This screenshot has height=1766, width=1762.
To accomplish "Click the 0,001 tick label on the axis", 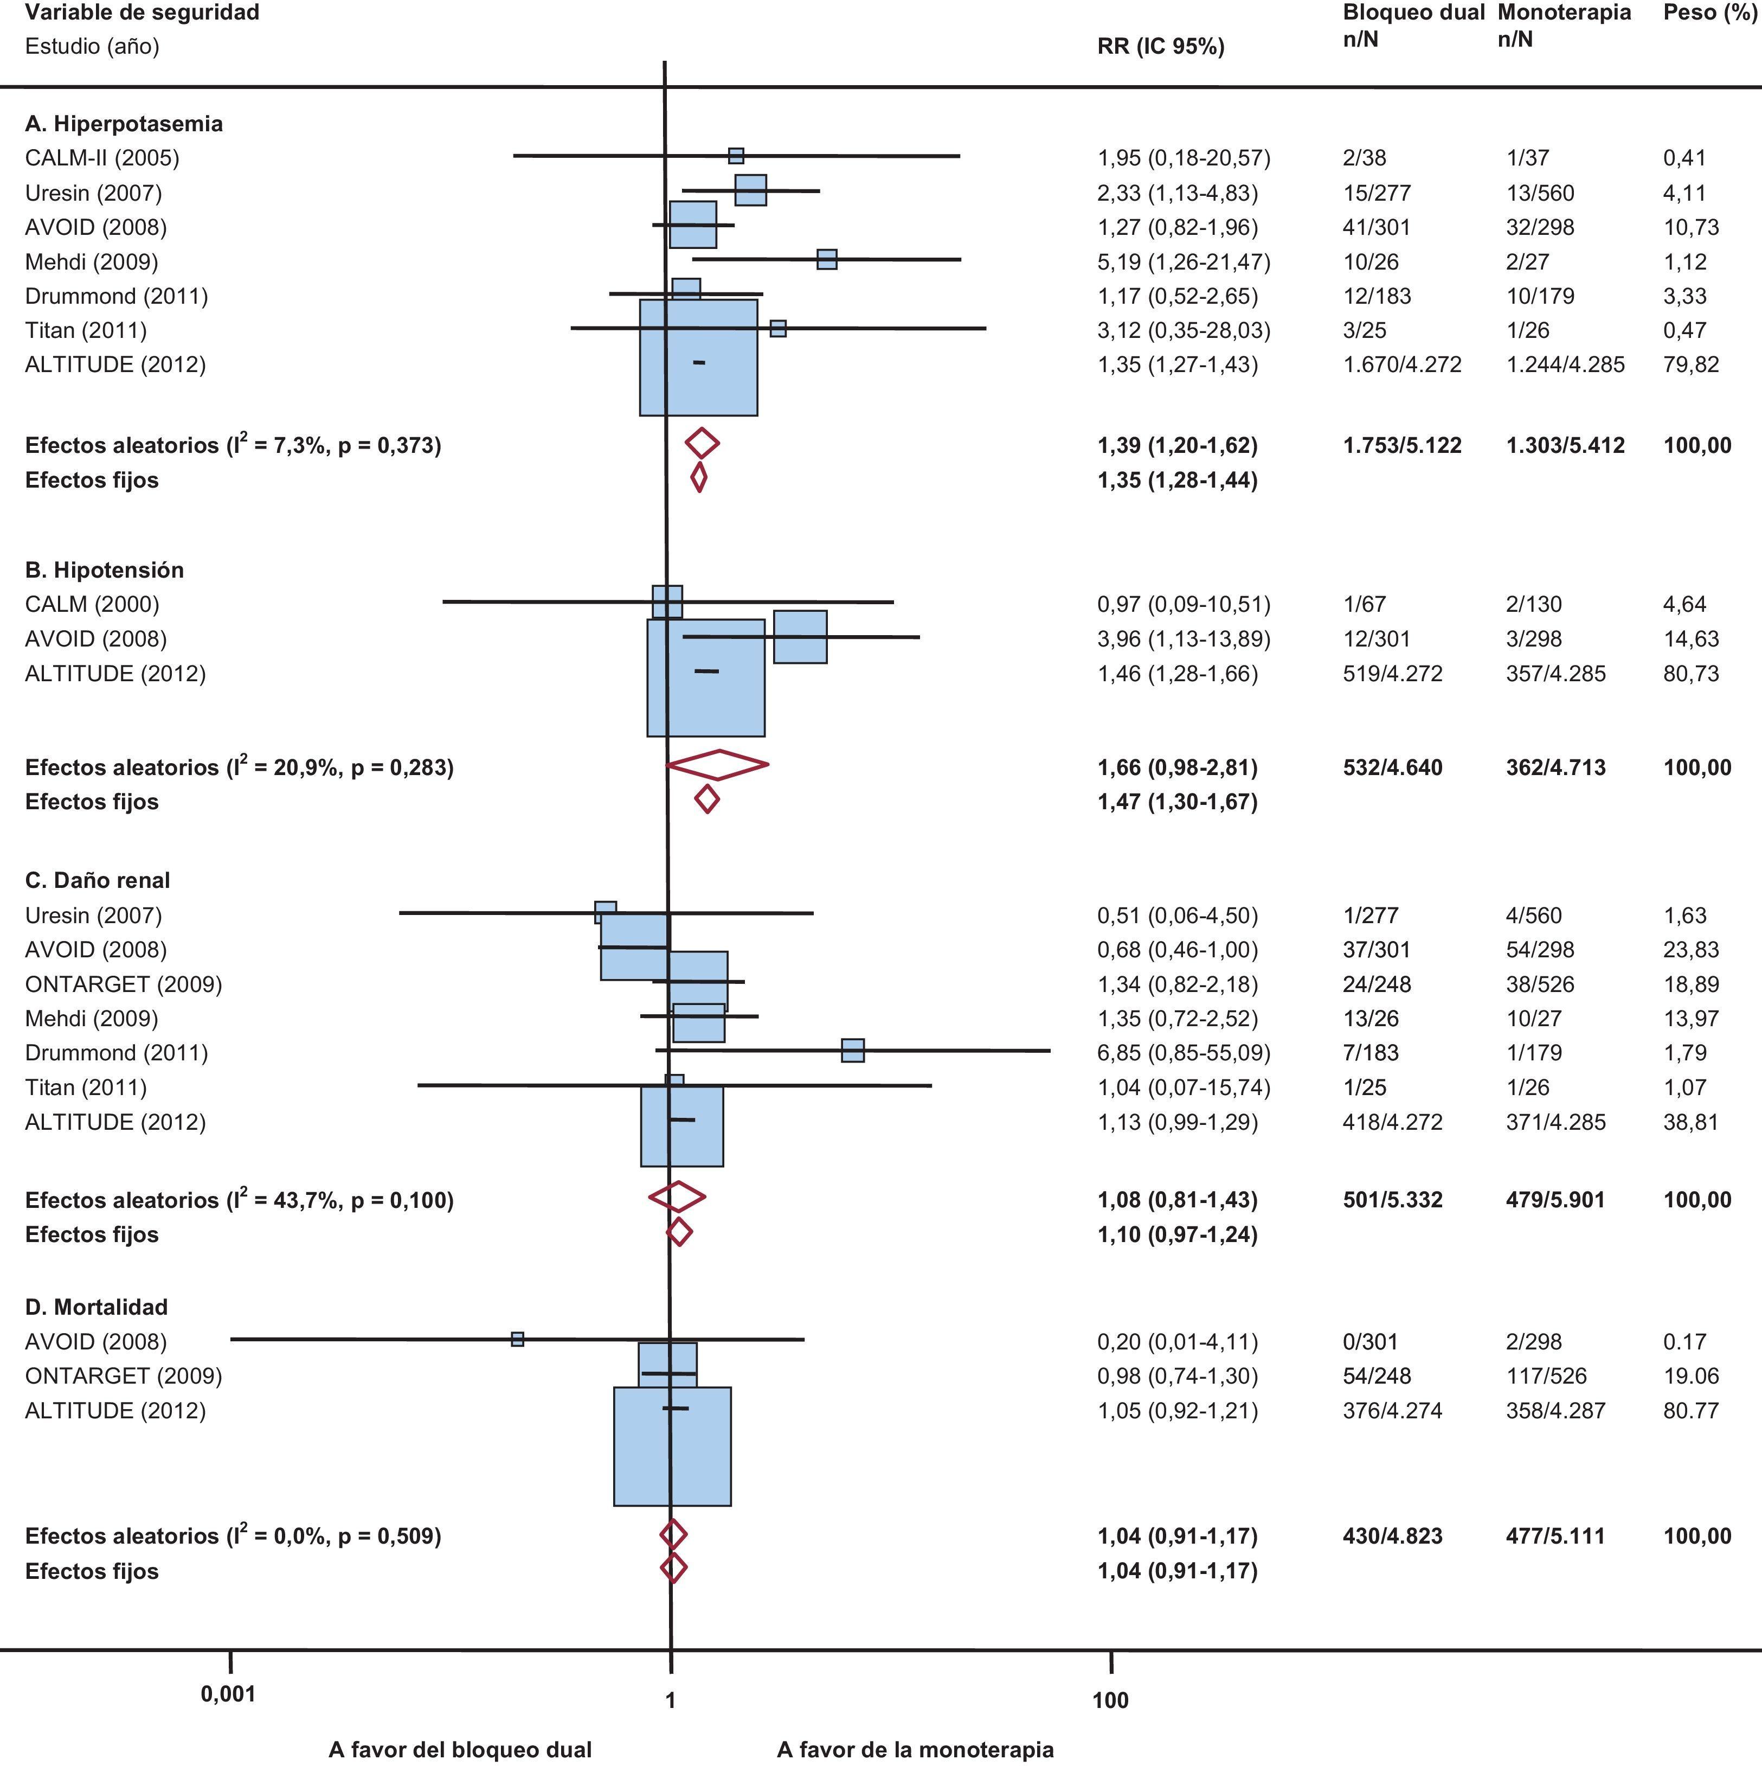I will (228, 1694).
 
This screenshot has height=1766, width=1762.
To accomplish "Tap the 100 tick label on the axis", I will (1110, 1700).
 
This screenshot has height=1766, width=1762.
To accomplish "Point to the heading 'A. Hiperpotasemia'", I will (124, 124).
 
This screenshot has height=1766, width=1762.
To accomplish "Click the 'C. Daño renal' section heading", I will (97, 880).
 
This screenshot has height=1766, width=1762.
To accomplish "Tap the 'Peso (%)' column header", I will (1709, 13).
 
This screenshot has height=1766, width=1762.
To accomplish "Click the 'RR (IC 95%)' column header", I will (1161, 47).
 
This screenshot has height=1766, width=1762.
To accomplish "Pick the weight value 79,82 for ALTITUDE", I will (1691, 364).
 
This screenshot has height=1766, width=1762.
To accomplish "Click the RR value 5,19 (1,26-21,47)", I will (1184, 261).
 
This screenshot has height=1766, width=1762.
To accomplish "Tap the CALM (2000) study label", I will (92, 604).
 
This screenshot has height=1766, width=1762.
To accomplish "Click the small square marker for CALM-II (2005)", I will (736, 156).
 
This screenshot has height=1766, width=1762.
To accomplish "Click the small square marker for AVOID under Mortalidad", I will (517, 1339).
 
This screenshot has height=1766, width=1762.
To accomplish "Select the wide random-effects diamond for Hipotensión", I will (717, 765).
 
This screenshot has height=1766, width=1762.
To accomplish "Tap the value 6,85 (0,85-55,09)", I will (1184, 1053).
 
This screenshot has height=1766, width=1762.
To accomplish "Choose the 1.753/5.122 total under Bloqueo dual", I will (1402, 445).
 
